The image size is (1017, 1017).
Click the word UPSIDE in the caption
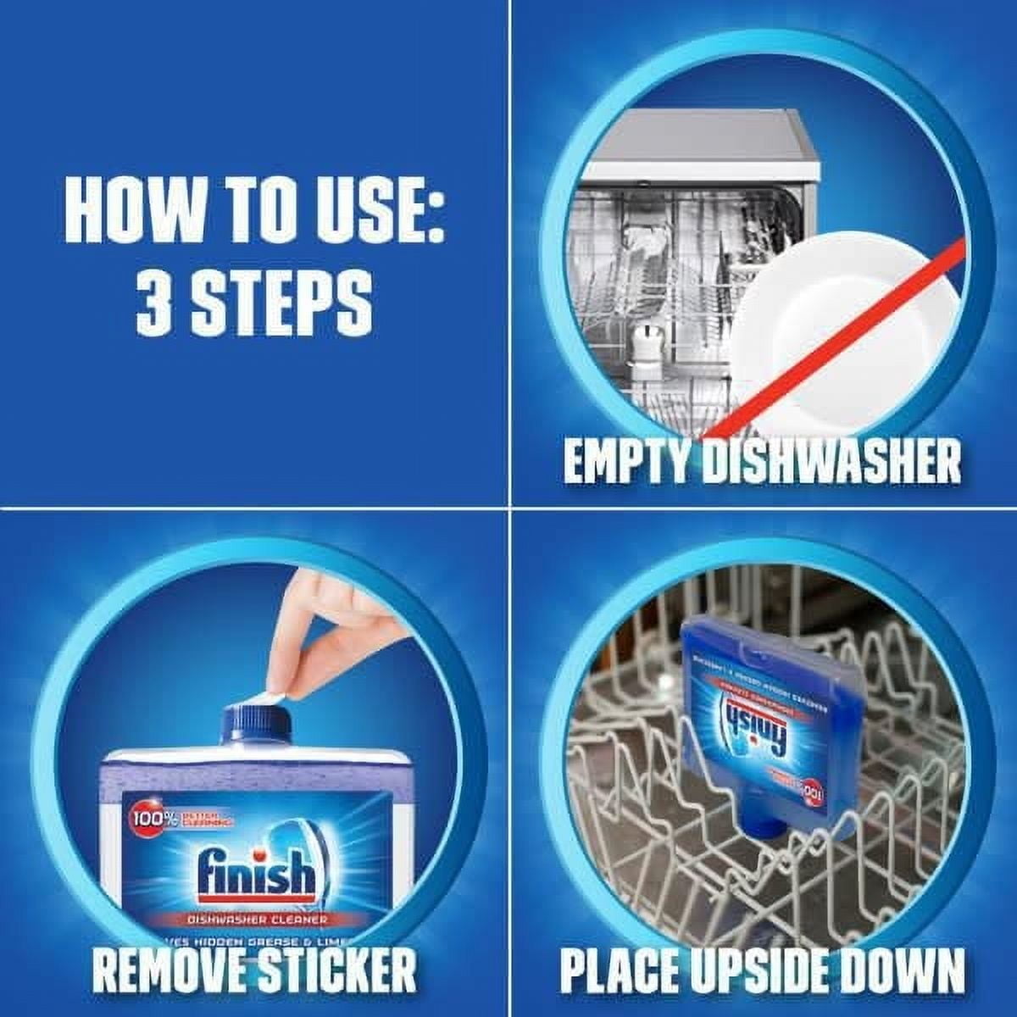[761, 970]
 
